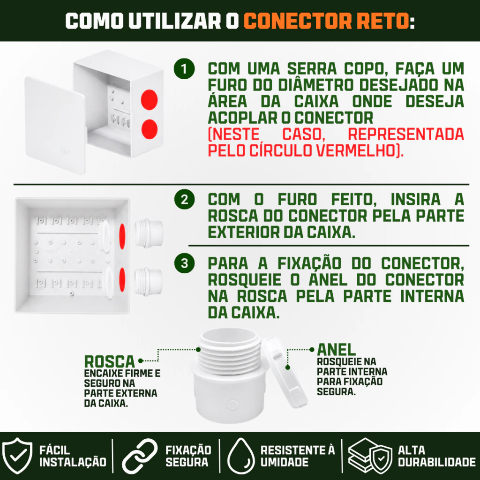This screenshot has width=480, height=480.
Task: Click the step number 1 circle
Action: pos(184,69)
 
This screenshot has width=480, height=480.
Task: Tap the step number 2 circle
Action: pos(184,200)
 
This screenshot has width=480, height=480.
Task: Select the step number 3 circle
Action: pos(184,263)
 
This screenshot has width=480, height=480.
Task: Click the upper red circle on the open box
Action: pos(149,100)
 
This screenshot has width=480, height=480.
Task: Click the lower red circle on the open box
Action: pos(150,129)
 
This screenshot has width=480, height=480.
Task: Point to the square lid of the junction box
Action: pos(55,126)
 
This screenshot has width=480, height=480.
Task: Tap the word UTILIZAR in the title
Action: pos(174,21)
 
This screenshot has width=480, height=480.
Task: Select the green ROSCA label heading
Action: pos(109,361)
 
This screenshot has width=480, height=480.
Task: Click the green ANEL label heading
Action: pos(336,350)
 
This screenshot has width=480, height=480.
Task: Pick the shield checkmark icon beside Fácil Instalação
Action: pos(17,455)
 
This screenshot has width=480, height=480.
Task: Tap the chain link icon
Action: pos(140,456)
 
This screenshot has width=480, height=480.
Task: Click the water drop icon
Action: pos(241,456)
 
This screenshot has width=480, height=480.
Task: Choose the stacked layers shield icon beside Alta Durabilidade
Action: pos(370,456)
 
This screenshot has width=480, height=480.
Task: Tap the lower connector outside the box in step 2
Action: pos(148,282)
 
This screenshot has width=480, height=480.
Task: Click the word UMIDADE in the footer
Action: pos(285,462)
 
